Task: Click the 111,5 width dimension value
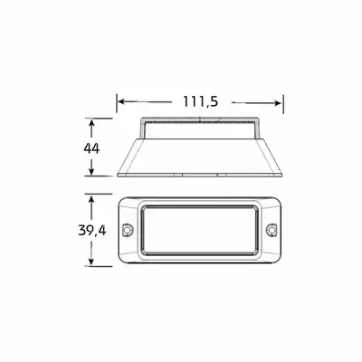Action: [200, 101]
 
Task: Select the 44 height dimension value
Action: [91, 148]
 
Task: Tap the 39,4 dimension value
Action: [92, 231]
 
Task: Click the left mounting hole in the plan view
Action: [127, 230]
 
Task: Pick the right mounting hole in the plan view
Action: [271, 230]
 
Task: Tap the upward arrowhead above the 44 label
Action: [91, 122]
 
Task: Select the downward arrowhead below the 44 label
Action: [91, 171]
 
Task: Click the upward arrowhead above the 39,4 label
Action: [91, 199]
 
